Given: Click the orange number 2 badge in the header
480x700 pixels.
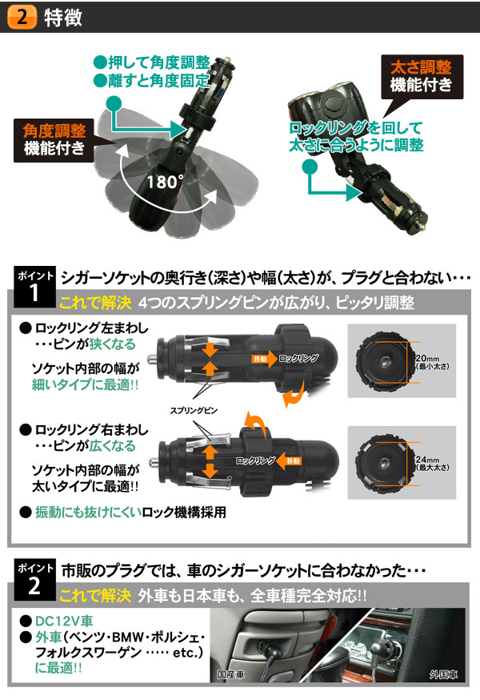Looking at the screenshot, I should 24,16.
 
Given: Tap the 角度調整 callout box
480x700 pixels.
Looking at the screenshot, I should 52,139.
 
